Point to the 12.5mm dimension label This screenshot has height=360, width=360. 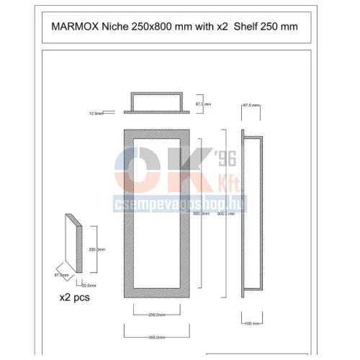point(96,113)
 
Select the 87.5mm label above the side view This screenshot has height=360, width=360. point(250,106)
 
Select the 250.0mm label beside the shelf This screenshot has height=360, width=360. point(96,250)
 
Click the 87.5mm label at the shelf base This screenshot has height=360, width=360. point(61,274)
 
